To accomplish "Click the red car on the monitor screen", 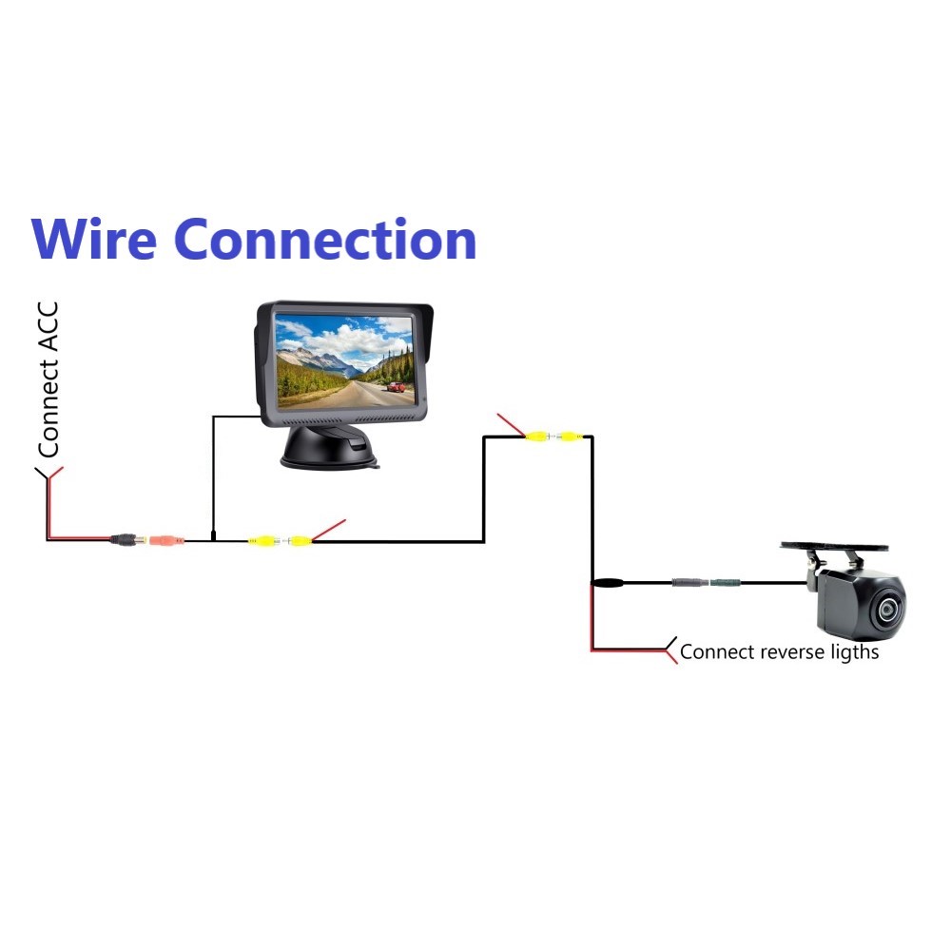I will click(x=396, y=387).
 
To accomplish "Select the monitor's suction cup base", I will click(x=327, y=447).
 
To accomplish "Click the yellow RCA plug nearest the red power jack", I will click(x=261, y=541).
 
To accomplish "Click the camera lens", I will click(x=888, y=609).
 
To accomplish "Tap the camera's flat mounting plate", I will click(x=834, y=548).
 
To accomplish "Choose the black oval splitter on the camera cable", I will click(x=607, y=582).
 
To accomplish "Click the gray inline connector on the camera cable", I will click(x=688, y=582).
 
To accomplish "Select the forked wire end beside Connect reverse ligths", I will click(x=672, y=650).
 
